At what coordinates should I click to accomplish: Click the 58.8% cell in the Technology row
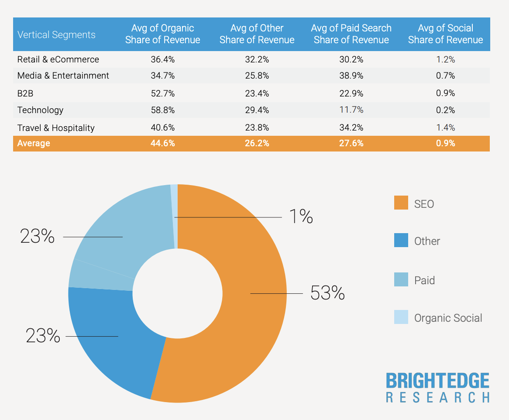coord(162,110)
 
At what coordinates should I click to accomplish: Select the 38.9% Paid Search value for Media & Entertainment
coord(351,76)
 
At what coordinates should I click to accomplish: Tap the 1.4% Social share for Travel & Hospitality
coord(445,127)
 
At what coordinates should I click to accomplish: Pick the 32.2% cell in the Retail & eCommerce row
coord(257,59)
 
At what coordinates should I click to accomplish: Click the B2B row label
coord(25,93)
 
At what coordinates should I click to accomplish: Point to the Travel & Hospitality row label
coord(56,127)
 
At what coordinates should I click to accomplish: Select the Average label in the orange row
coord(34,143)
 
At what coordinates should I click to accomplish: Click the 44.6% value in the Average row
coord(162,143)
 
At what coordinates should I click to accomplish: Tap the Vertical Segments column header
coord(56,35)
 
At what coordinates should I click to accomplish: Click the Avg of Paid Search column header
coord(351,34)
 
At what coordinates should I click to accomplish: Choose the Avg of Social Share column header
coord(445,34)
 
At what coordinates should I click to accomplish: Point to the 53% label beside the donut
coord(327,293)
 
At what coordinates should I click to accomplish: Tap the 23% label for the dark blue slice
coord(43,336)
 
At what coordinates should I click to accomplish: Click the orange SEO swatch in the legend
coord(401,203)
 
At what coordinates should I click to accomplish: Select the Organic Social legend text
coord(448,318)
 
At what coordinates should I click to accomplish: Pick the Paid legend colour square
coord(401,279)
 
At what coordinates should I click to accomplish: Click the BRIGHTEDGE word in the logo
coord(437,381)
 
